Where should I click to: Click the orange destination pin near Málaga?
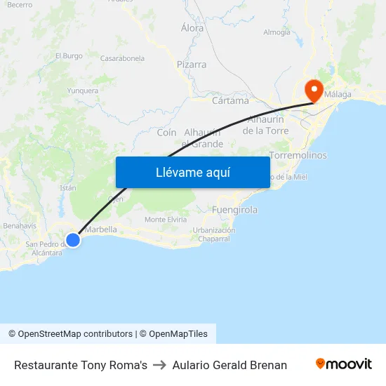point(313,90)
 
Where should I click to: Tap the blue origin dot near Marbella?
point(73,239)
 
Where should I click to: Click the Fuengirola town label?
point(234,210)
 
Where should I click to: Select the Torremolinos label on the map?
point(298,155)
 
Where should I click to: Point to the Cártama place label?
point(230,100)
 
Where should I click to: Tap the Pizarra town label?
point(192,65)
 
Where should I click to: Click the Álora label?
point(192,28)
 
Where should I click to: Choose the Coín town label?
point(166,133)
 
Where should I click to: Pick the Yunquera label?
point(82,91)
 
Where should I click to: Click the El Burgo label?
point(69,55)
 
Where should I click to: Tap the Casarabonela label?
point(123,58)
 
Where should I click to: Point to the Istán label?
point(67,188)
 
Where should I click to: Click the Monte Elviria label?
point(166,220)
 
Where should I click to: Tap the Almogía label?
point(277,32)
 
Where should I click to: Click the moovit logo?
point(344,364)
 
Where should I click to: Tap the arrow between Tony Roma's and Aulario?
point(159,365)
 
